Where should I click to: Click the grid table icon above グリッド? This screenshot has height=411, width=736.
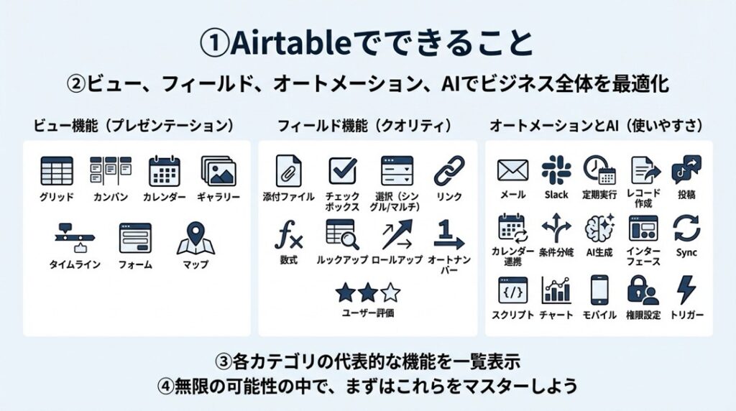57,171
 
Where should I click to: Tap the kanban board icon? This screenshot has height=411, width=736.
110,170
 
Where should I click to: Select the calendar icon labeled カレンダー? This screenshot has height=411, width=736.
165,171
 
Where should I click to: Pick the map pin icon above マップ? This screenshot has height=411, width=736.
195,239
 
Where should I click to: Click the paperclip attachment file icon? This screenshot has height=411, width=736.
288,171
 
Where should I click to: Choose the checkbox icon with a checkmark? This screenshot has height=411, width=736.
343,170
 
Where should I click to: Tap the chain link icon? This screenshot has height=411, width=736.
448,171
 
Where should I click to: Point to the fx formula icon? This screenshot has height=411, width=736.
288,235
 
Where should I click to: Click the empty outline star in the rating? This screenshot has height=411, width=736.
390,292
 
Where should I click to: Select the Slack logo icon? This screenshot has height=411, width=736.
556,170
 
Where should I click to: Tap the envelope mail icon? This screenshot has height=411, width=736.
512,170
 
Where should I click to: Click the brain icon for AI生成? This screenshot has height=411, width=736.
599,228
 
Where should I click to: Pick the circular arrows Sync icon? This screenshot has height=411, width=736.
686,228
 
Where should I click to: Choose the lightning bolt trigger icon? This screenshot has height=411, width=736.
686,290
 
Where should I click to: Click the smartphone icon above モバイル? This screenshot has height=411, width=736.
599,290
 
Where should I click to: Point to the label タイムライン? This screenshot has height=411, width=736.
75,264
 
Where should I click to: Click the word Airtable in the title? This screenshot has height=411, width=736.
290,42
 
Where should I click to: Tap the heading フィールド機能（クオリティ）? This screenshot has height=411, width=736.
364,126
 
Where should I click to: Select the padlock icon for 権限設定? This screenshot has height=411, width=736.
643,290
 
